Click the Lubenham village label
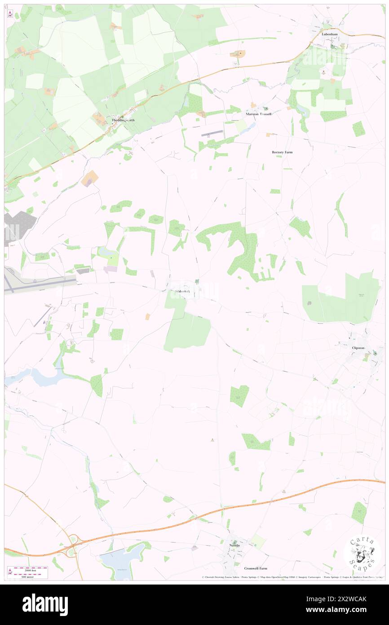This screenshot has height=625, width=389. (329, 34)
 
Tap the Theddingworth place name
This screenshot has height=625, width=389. (123, 121)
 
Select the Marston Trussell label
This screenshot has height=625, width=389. (258, 114)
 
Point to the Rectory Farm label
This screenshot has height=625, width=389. (282, 152)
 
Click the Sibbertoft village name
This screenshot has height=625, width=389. (182, 291)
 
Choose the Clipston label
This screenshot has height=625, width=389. (358, 348)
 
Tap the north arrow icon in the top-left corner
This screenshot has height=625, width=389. (10, 13)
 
